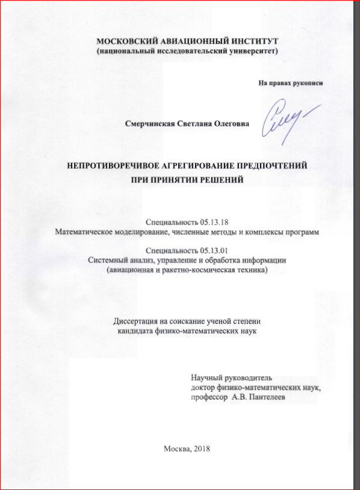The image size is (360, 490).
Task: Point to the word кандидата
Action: coord(135,331)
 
